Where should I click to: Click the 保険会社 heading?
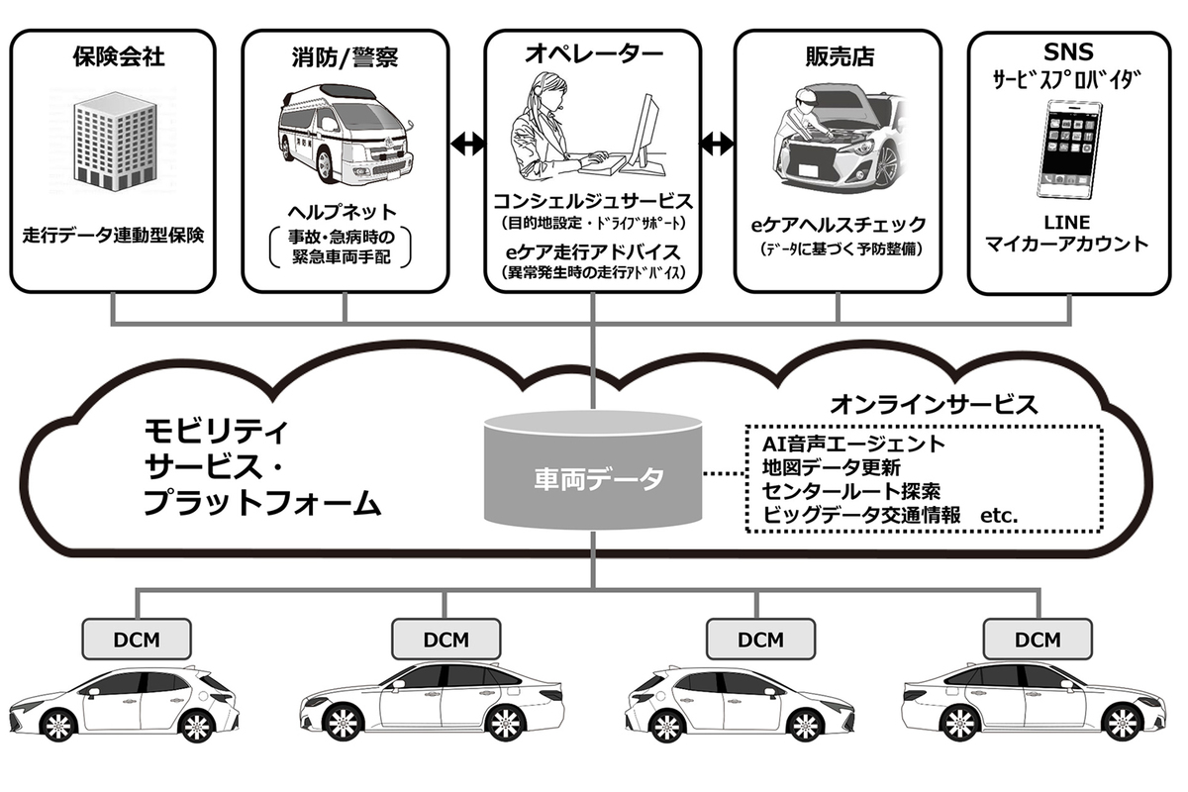(118, 56)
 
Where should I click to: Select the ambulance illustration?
(342, 145)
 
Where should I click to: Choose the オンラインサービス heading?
(934, 404)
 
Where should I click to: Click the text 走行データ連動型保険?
(113, 236)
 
